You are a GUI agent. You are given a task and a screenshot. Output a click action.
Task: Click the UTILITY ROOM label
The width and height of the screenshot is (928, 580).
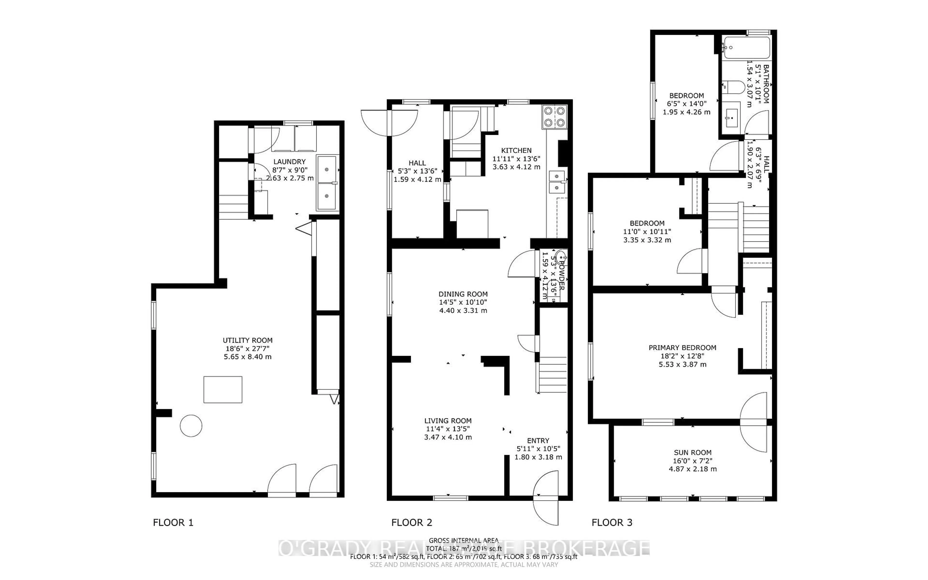click(x=247, y=340)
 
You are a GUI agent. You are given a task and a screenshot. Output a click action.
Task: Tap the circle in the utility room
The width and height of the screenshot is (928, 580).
click(x=191, y=426)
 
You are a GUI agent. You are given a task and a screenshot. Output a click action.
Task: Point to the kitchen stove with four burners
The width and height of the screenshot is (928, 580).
click(x=554, y=117)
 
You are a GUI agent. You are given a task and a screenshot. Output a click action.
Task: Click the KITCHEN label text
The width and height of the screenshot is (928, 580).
click(x=516, y=150)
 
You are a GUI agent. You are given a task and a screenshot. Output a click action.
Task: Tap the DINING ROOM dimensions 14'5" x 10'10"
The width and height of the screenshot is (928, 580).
click(x=463, y=302)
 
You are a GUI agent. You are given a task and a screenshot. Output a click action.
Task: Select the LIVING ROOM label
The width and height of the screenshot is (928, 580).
click(x=448, y=421)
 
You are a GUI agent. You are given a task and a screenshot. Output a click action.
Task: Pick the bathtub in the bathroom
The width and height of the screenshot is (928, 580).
click(x=746, y=48)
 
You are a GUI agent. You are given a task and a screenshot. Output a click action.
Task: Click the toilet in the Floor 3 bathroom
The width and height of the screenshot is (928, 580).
click(x=733, y=87)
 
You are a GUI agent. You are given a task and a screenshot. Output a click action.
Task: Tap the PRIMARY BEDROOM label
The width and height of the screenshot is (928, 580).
click(x=682, y=348)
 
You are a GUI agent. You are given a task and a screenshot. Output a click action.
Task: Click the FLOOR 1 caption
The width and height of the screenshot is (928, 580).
click(x=173, y=522)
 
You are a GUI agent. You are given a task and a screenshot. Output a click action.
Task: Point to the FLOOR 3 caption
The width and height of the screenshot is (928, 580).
click(x=612, y=522)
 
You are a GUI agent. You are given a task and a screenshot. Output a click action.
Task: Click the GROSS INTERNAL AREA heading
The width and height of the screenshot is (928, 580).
click(x=463, y=541)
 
